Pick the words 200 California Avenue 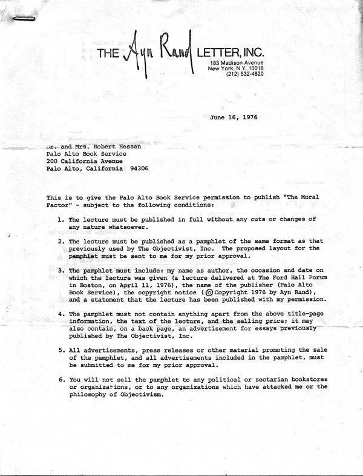pos(84,161)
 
